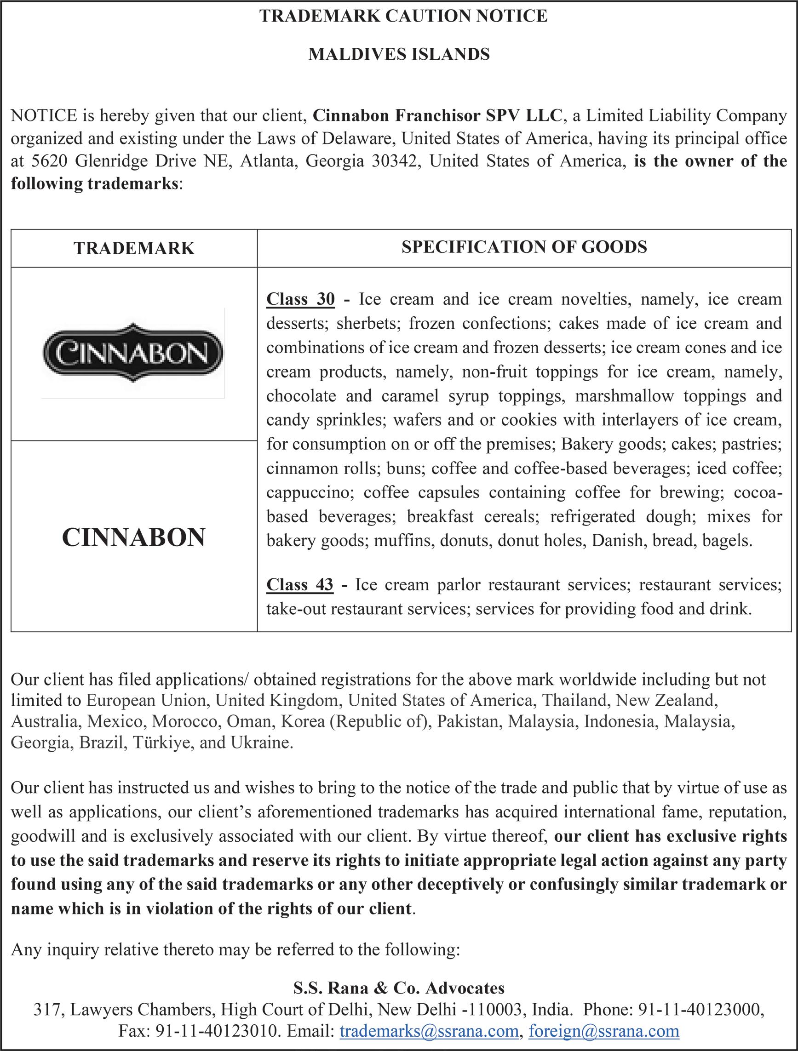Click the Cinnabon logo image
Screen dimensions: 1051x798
[x=133, y=353]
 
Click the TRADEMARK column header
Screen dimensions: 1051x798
[x=134, y=248]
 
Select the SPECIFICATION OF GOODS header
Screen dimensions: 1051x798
[x=524, y=247]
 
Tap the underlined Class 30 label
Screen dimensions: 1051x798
[x=300, y=299]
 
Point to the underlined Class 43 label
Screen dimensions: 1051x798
[x=299, y=584]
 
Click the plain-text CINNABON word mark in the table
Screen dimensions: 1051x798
[x=133, y=537]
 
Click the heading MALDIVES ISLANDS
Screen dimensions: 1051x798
[x=399, y=55]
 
